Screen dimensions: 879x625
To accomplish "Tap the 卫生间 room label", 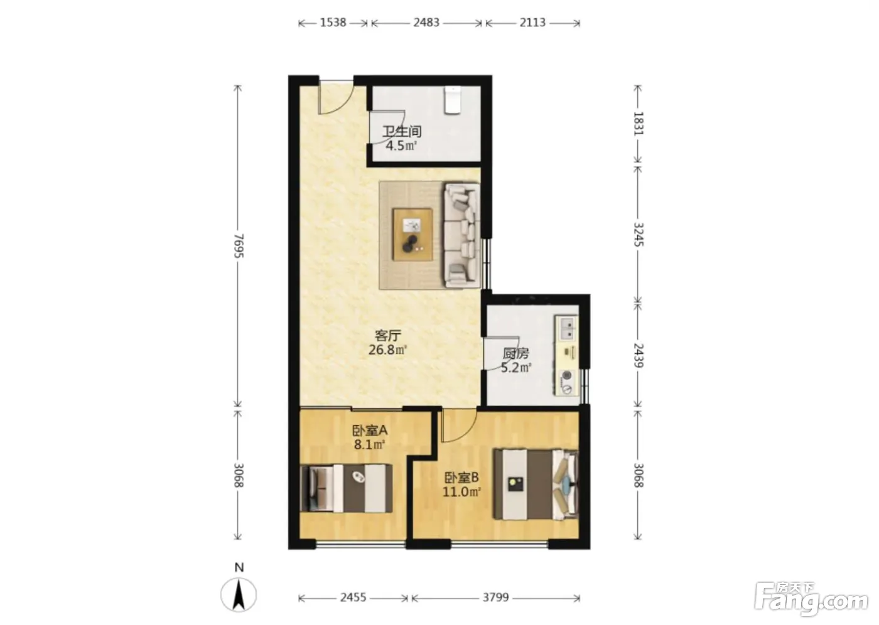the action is coord(402,131).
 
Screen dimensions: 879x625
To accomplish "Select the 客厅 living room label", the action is coord(388,336).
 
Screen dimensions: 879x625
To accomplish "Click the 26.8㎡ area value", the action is coord(387,350).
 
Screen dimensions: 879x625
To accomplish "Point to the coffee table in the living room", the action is coord(413,234).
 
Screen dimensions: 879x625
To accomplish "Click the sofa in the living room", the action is coord(462,235).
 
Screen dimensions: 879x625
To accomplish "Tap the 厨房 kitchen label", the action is coord(516,354).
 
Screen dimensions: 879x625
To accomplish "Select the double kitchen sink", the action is coord(567,329).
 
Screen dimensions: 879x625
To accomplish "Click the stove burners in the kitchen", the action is coord(566,382).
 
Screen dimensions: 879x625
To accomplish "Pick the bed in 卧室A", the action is coord(346,488).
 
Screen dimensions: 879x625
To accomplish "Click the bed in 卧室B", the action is coord(536,484).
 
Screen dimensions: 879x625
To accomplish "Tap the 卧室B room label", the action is coord(461,478).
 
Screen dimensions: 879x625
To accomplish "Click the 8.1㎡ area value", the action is coord(369,445).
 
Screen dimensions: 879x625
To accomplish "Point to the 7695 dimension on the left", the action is coord(239,246).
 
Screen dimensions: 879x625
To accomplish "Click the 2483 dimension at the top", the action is coord(426,23).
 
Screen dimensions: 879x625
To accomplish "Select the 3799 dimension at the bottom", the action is coord(495,597).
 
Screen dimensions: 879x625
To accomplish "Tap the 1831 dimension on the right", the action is coord(639,124).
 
